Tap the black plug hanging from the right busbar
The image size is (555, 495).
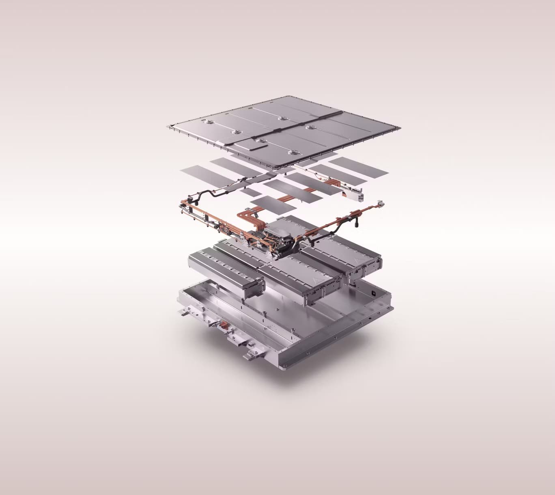pyautogui.click(x=357, y=224)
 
